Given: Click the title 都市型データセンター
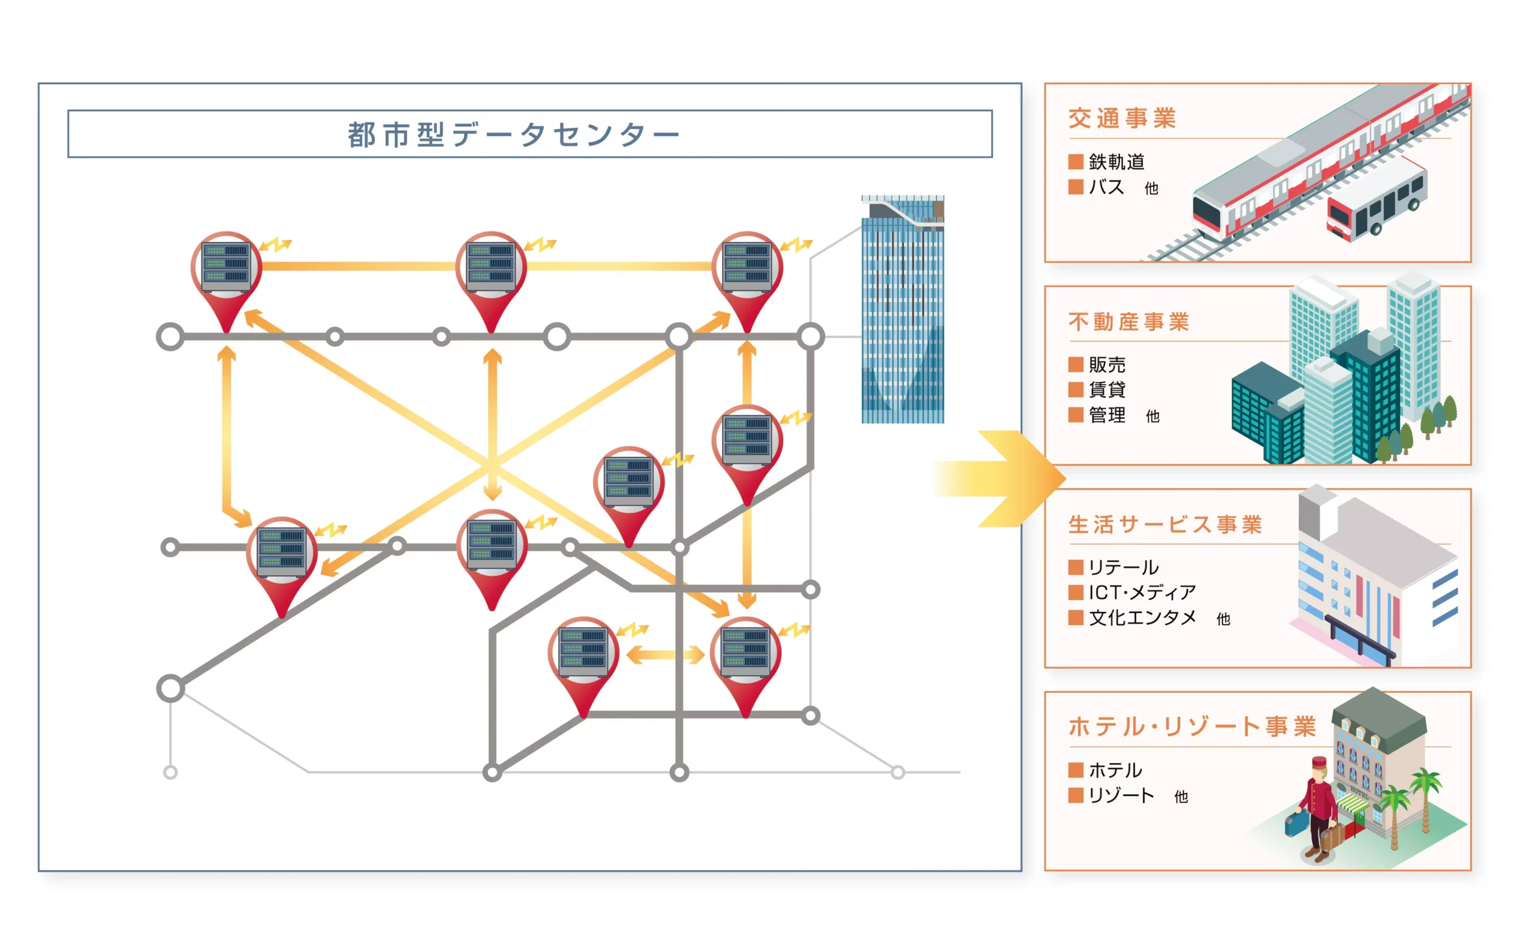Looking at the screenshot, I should [x=514, y=134].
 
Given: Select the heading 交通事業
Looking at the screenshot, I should [x=1122, y=118].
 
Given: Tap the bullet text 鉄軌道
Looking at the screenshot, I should [x=1116, y=162].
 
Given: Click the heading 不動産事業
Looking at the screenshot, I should [x=1129, y=322].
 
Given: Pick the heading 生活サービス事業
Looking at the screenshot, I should [x=1165, y=525].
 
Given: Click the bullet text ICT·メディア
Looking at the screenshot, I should [x=1142, y=593].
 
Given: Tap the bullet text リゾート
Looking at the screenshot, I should [x=1121, y=796].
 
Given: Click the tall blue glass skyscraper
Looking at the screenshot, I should [x=902, y=311].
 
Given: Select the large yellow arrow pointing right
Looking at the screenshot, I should [x=1003, y=479].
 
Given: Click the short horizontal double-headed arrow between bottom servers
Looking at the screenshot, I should [x=666, y=655].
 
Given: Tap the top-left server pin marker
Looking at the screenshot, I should [x=227, y=274].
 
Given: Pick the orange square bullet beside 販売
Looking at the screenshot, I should [x=1076, y=365].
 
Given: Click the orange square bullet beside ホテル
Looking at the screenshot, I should [x=1076, y=770].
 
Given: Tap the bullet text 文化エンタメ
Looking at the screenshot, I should [x=1142, y=618].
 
